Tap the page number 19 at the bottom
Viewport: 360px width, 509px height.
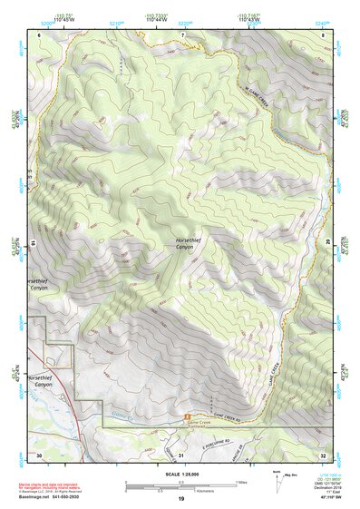(x=180, y=499)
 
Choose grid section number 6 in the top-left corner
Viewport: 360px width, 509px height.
(x=40, y=35)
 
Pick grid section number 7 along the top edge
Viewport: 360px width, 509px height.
(x=182, y=35)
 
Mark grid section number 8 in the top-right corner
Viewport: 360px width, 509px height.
(x=323, y=35)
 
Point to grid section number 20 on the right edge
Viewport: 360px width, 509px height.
(x=326, y=243)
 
